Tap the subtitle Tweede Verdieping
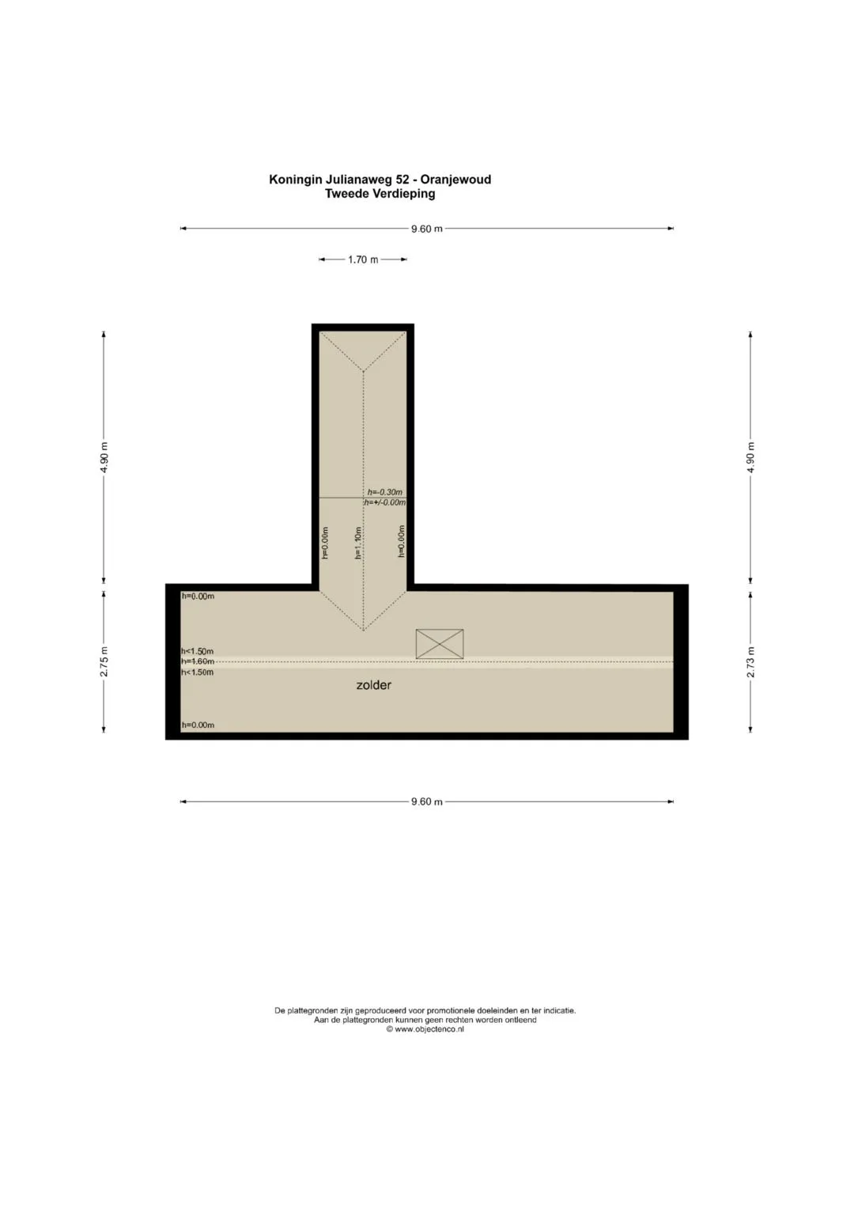[x=380, y=194]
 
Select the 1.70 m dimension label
[x=363, y=259]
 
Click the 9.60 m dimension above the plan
[x=426, y=229]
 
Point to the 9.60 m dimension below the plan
[x=426, y=801]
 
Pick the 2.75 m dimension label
[x=104, y=661]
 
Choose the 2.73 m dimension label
[x=750, y=661]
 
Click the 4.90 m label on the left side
[x=104, y=457]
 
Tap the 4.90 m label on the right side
[x=750, y=457]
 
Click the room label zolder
[x=373, y=685]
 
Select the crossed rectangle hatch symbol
[x=440, y=644]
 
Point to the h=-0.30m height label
[x=385, y=492]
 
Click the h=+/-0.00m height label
[x=385, y=502]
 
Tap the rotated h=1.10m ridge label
[x=357, y=543]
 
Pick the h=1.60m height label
[x=198, y=661]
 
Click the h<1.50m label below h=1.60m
[x=198, y=672]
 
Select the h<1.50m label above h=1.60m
[x=198, y=651]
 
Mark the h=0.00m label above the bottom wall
[x=198, y=725]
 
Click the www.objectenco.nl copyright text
[x=425, y=1029]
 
